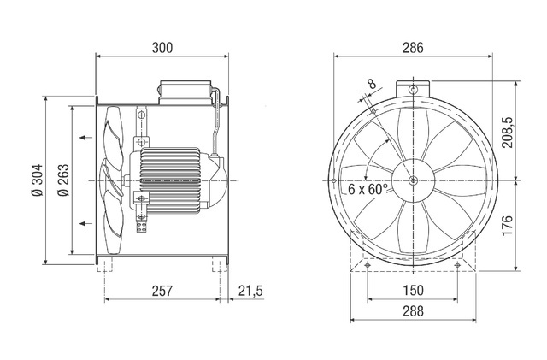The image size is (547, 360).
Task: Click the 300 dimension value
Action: pyautogui.click(x=162, y=48)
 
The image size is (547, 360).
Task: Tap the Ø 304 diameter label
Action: pyautogui.click(x=38, y=180)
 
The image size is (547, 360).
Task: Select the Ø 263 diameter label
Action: pyautogui.click(x=63, y=180)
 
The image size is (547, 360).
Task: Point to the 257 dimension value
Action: pyautogui.click(x=162, y=291)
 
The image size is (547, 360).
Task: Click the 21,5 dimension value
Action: pyautogui.click(x=250, y=291)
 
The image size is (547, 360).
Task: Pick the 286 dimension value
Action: pyautogui.click(x=413, y=48)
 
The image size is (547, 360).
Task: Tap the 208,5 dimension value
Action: pyautogui.click(x=508, y=132)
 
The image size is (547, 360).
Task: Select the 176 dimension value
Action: pyautogui.click(x=508, y=226)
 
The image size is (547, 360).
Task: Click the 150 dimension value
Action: pyautogui.click(x=413, y=290)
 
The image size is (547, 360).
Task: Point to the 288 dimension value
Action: pyautogui.click(x=413, y=310)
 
